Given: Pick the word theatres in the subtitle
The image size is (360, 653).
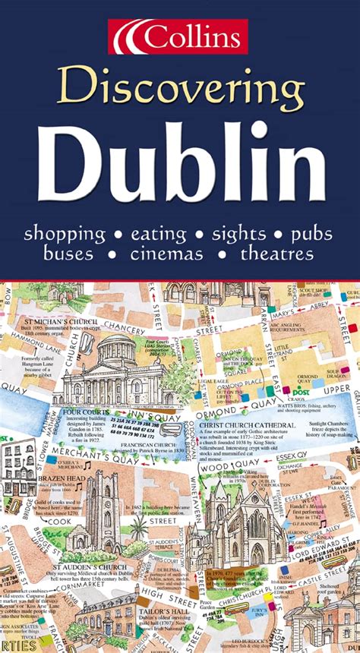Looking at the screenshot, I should tap(277, 254).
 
